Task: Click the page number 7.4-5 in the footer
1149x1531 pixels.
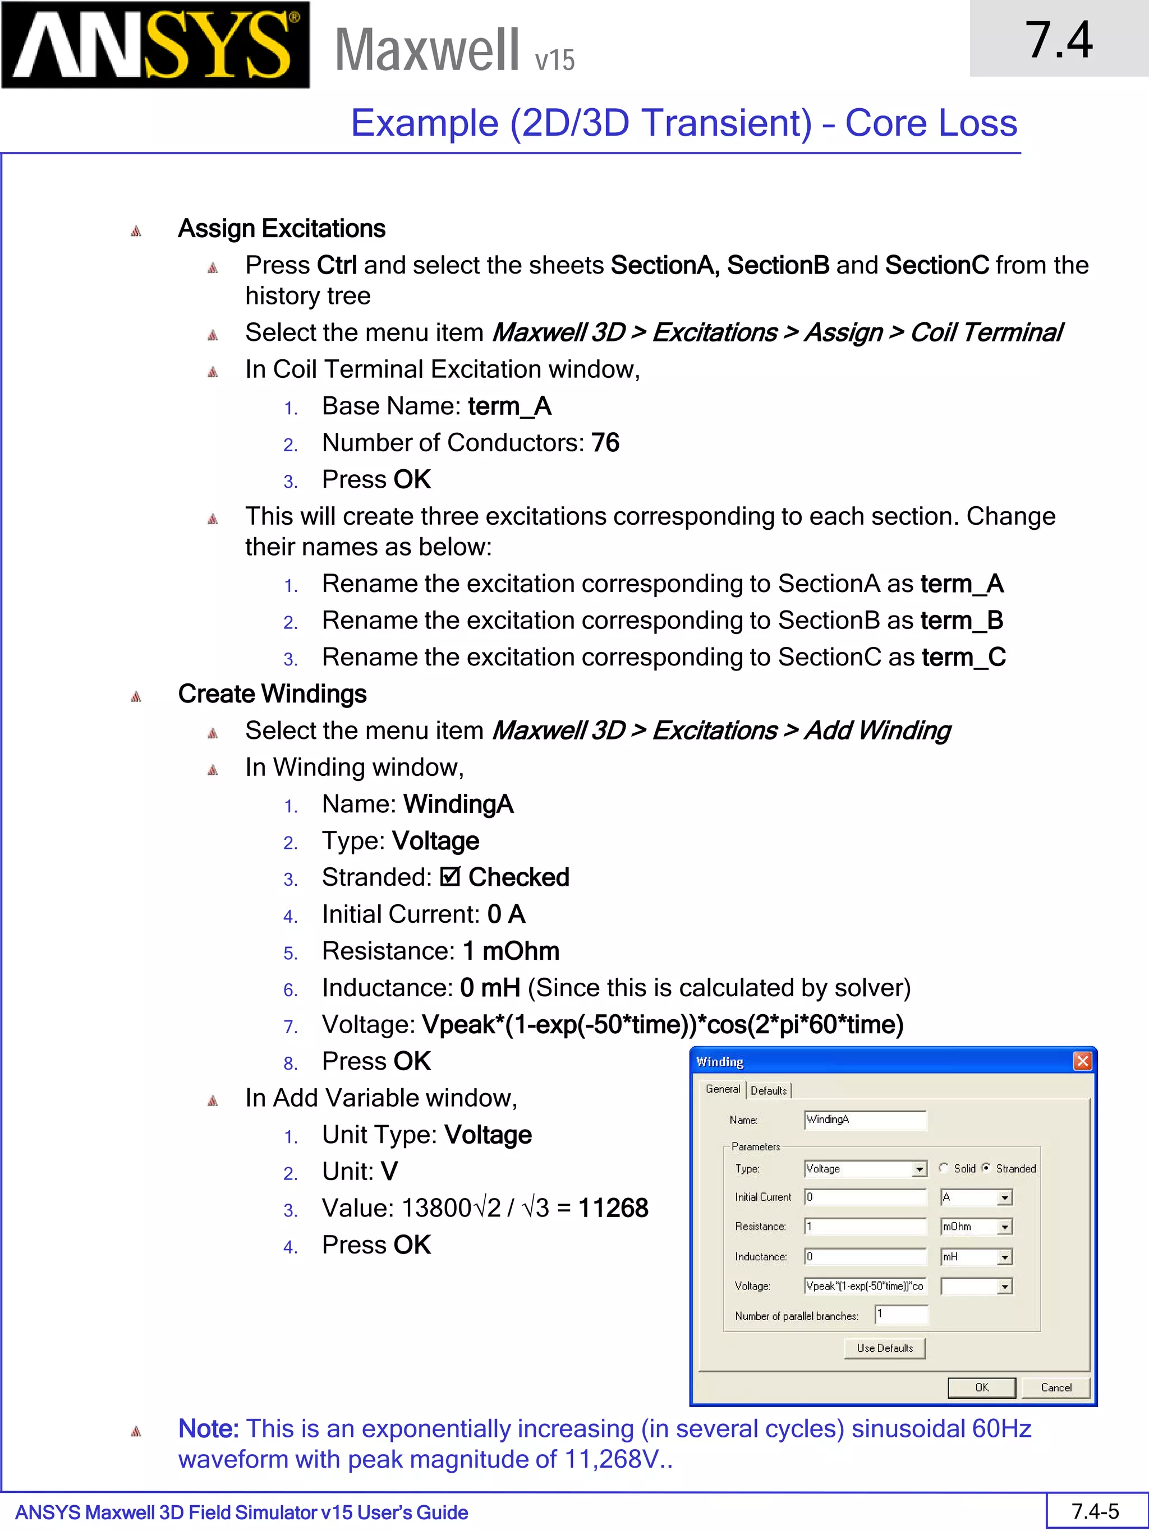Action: pos(1095,1511)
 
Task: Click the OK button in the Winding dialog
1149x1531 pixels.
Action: pos(981,1387)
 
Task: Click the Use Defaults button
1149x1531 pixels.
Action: pos(884,1348)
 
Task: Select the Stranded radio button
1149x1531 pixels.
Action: pos(986,1168)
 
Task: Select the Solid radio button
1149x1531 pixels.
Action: pos(943,1168)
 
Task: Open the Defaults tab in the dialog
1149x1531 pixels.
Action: pos(769,1090)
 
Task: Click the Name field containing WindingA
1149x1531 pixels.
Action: pos(865,1119)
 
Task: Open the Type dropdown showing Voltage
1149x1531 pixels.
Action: pos(919,1169)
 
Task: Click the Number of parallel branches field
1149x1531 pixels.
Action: pos(901,1315)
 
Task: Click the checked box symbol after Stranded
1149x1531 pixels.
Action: pos(449,877)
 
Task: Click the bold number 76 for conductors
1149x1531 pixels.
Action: pos(605,443)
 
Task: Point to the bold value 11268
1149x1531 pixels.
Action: pos(613,1208)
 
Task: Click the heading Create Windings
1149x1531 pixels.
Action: pos(272,693)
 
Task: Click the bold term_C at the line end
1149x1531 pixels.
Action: pos(963,657)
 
